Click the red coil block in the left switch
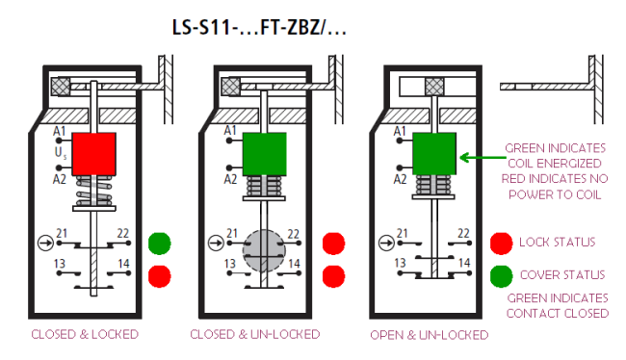click(93, 154)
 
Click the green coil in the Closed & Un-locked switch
click(264, 154)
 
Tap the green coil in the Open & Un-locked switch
click(434, 154)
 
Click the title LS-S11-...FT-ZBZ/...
click(259, 28)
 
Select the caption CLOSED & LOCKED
click(85, 334)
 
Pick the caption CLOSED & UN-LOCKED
click(254, 334)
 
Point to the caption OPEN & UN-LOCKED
click(430, 335)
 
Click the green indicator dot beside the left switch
click(160, 244)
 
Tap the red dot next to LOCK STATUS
click(502, 244)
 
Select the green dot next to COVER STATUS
click(502, 276)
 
